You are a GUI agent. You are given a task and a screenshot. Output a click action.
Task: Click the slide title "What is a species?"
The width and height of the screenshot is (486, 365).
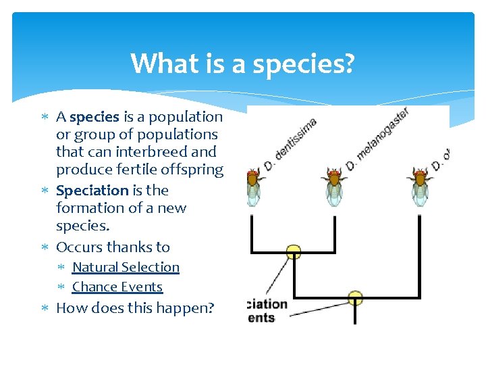pyautogui.click(x=242, y=64)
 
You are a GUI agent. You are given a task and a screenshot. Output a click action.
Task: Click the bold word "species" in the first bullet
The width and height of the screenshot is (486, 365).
pyautogui.click(x=94, y=116)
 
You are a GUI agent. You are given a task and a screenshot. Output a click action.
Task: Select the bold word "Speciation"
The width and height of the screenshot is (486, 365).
pyautogui.click(x=92, y=191)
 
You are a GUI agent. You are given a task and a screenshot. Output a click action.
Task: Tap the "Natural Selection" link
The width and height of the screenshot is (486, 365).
pyautogui.click(x=126, y=267)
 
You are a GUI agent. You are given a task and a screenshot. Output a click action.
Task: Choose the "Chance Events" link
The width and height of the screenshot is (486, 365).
pyautogui.click(x=117, y=287)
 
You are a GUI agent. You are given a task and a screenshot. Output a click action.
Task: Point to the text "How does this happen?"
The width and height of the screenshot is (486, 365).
pyautogui.click(x=135, y=308)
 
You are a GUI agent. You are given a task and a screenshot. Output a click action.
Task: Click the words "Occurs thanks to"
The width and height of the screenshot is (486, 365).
pyautogui.click(x=113, y=247)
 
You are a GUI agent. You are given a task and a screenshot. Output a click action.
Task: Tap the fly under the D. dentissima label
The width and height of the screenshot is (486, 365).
pyautogui.click(x=253, y=187)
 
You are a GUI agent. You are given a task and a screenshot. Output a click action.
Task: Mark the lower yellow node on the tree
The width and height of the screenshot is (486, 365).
pyautogui.click(x=355, y=297)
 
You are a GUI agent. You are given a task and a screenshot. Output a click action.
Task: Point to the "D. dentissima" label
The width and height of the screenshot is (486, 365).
pyautogui.click(x=289, y=144)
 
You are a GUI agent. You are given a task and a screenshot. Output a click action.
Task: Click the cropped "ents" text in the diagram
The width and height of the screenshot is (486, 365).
pyautogui.click(x=261, y=318)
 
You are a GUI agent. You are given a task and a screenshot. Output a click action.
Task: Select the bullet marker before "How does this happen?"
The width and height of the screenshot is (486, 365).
pyautogui.click(x=45, y=309)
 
